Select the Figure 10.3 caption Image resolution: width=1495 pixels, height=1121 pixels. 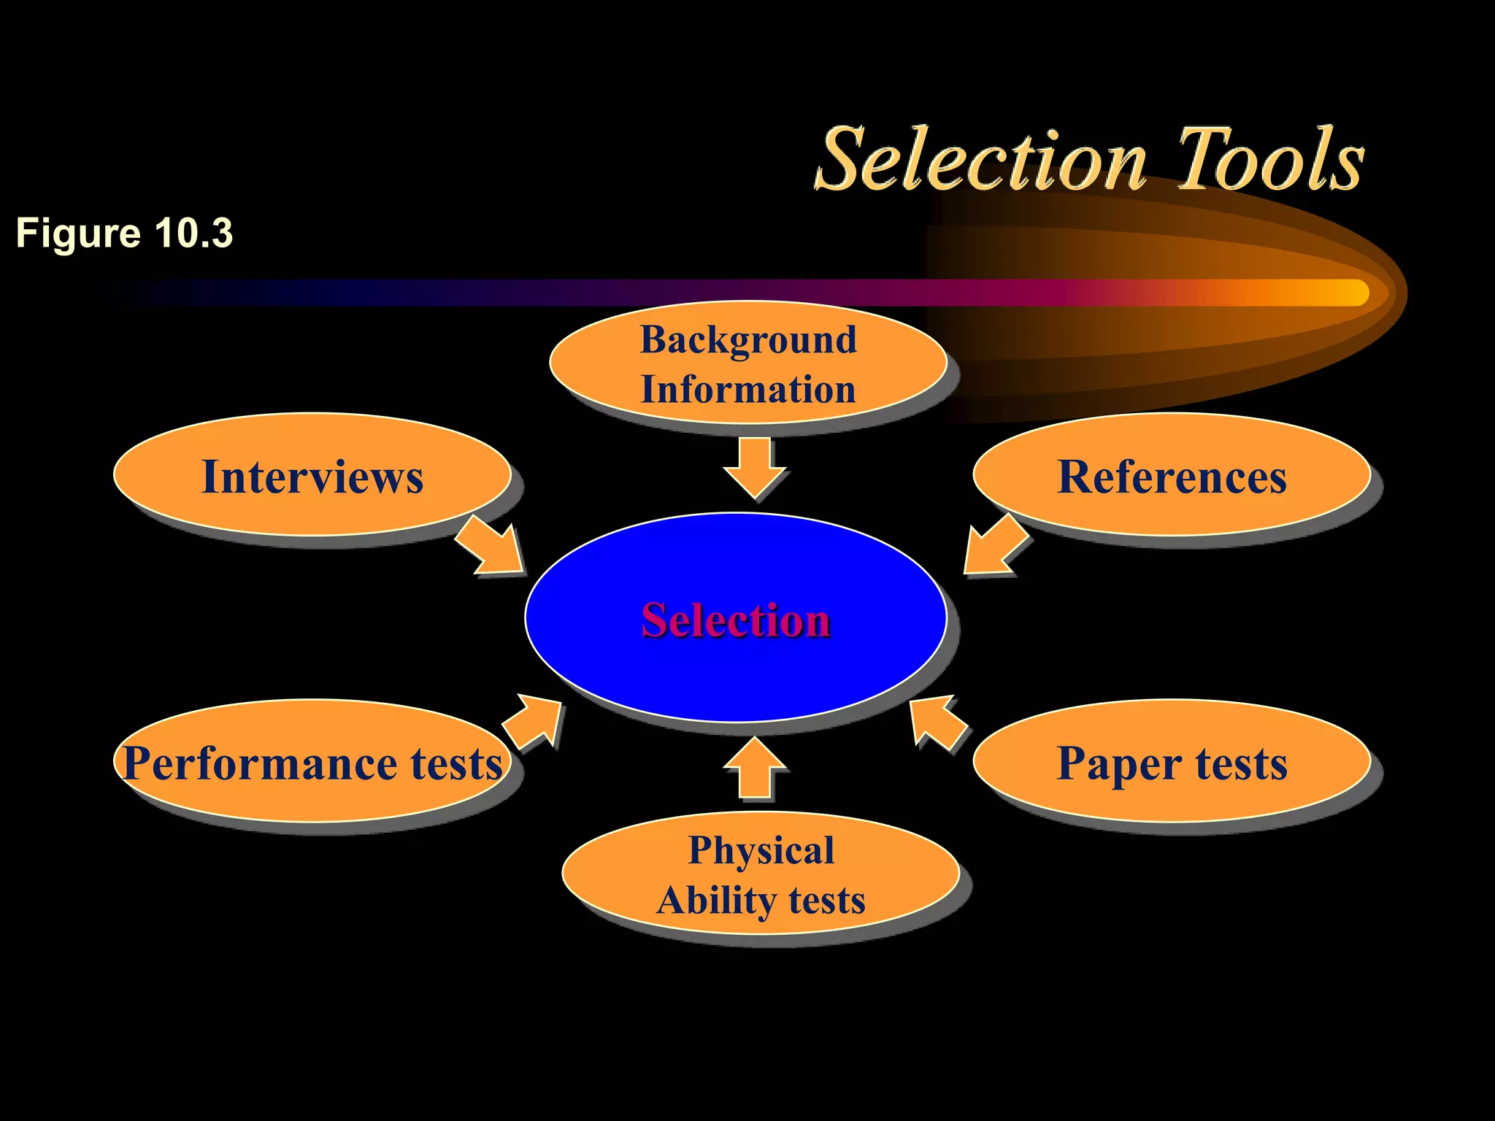(124, 234)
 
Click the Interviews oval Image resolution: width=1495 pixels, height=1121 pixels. (312, 476)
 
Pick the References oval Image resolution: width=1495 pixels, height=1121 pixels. (1172, 476)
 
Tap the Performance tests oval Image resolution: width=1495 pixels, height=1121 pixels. (312, 762)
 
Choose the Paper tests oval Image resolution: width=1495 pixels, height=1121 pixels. (1172, 762)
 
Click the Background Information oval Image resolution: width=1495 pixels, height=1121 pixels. (748, 363)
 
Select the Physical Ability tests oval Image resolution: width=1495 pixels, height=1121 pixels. (761, 874)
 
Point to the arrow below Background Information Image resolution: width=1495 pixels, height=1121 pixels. (755, 467)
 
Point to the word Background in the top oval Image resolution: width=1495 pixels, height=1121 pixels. (748, 339)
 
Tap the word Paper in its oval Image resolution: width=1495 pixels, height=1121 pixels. (1119, 763)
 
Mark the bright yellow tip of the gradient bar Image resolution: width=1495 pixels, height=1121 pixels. (1350, 293)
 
